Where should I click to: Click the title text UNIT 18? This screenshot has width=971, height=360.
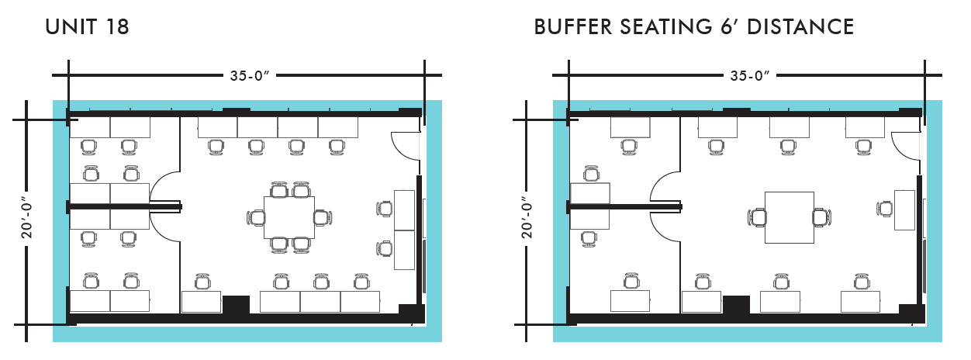pyautogui.click(x=87, y=27)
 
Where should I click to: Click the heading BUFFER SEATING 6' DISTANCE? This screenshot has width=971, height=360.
pyautogui.click(x=694, y=27)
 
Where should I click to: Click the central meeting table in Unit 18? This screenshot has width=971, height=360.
pyautogui.click(x=289, y=217)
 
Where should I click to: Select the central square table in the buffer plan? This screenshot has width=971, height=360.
pyautogui.click(x=789, y=217)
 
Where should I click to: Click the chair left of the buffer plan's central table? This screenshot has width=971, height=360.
pyautogui.click(x=758, y=217)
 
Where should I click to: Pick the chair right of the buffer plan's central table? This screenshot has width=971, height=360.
pyautogui.click(x=821, y=217)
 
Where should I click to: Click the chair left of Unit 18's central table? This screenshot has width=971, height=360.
pyautogui.click(x=257, y=217)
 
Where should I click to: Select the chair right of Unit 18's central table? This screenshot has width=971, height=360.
pyautogui.click(x=322, y=217)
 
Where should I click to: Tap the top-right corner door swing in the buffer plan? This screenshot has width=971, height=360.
pyautogui.click(x=904, y=144)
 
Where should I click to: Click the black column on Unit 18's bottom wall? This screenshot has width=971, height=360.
pyautogui.click(x=236, y=305)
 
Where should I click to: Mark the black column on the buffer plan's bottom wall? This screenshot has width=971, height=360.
pyautogui.click(x=736, y=305)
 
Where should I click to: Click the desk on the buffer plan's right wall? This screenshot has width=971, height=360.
pyautogui.click(x=904, y=209)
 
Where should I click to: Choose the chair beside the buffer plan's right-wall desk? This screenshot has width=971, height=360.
pyautogui.click(x=885, y=208)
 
